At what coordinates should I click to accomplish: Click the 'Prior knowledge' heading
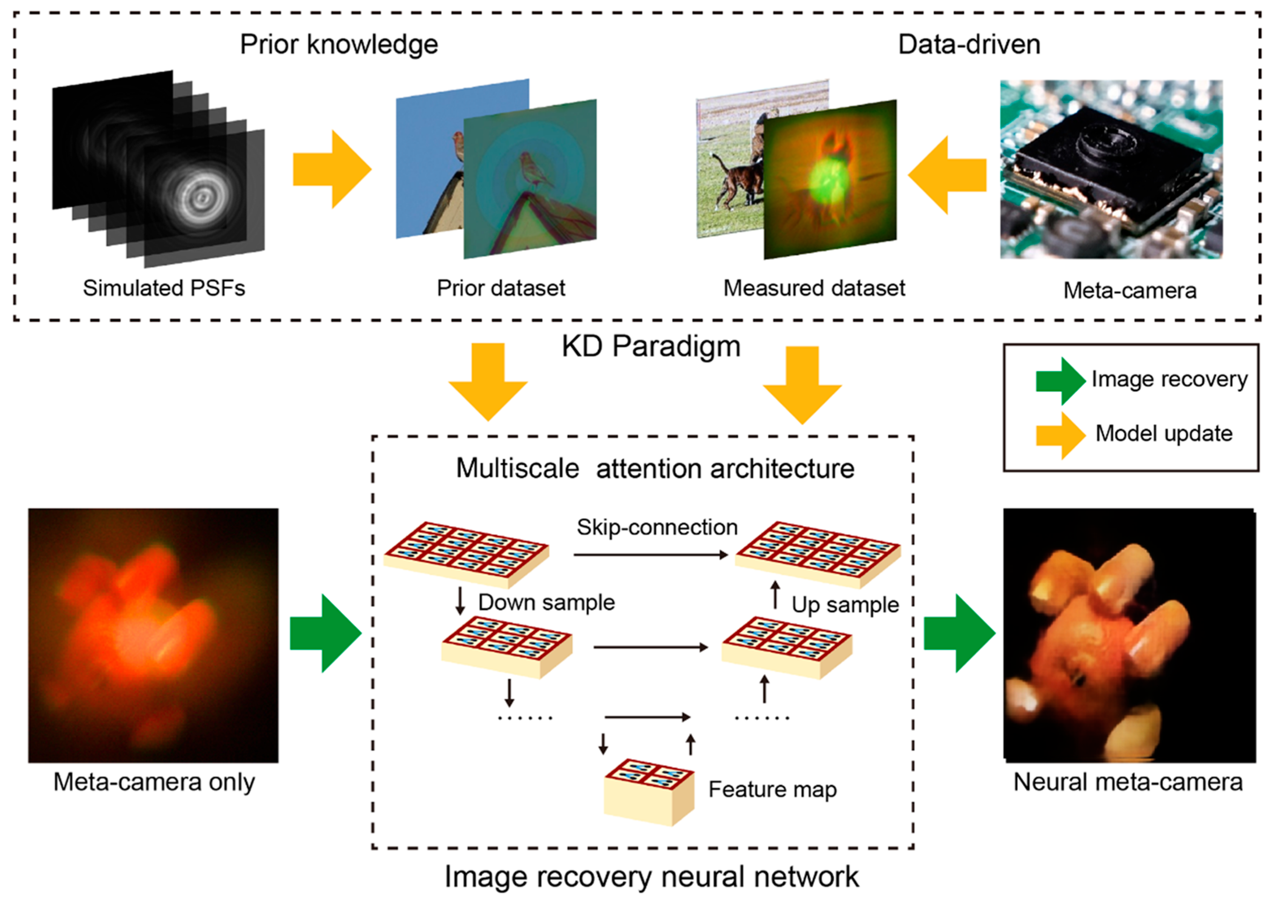tap(339, 44)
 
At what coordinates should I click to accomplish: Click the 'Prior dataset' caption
tap(501, 288)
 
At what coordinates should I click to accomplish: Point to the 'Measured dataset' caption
tap(814, 288)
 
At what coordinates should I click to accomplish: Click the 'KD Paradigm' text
tap(651, 346)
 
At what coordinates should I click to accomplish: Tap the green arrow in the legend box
tap(1061, 380)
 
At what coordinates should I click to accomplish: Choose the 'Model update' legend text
tap(1164, 433)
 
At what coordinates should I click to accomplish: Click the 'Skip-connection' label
tap(657, 527)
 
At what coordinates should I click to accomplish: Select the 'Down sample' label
tap(546, 603)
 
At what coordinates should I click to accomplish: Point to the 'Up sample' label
tap(845, 605)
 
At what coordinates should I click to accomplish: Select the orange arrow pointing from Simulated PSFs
tap(332, 169)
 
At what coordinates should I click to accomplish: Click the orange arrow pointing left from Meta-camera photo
tap(947, 175)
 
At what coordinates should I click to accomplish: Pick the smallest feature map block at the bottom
tap(649, 792)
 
